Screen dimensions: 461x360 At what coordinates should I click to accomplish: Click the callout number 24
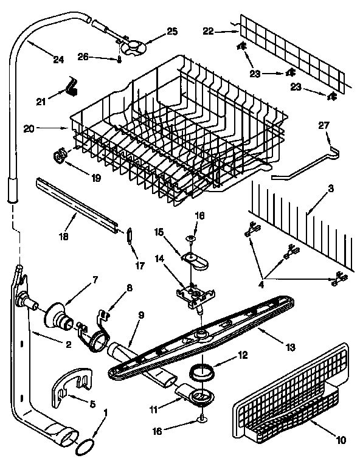tap(58, 60)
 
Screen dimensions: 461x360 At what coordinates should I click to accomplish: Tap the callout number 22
tap(208, 32)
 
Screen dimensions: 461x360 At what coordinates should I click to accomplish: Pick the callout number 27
tap(324, 125)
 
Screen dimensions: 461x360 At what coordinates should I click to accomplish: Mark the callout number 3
tap(331, 189)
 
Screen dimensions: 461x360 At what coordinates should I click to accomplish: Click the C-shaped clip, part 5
tap(72, 387)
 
